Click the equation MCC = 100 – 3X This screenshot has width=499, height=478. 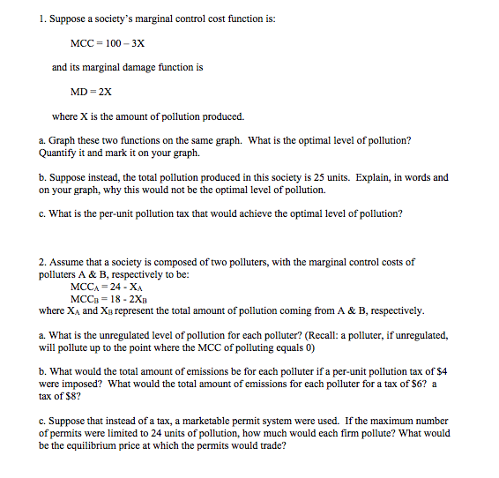click(107, 42)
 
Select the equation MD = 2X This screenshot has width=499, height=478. click(91, 91)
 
